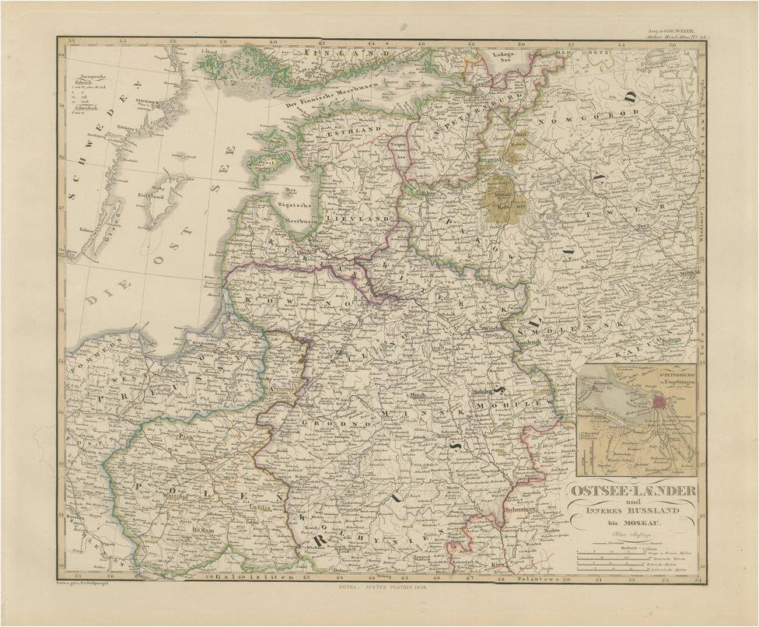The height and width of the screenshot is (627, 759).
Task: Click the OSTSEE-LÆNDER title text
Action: pyautogui.click(x=634, y=492)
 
